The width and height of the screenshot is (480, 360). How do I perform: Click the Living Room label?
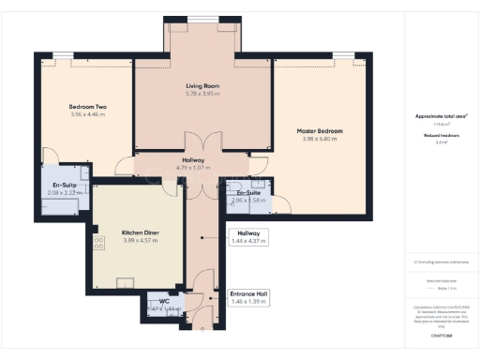(x=202, y=85)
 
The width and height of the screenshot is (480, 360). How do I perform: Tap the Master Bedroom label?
(x=320, y=130)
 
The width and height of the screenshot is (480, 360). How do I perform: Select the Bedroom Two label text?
(x=87, y=107)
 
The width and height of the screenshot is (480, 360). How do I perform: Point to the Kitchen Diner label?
(x=140, y=232)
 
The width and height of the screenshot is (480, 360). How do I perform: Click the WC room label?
(x=164, y=301)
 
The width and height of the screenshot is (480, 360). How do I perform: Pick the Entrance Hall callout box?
(x=249, y=300)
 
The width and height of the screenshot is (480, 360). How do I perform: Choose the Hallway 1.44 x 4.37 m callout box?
(x=249, y=237)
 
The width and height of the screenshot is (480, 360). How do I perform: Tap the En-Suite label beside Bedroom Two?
(x=65, y=186)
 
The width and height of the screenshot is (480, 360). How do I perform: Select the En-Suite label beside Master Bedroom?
(x=248, y=193)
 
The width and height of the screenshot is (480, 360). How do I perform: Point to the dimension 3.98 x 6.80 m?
(x=320, y=141)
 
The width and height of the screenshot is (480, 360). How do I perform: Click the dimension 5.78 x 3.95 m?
(x=202, y=94)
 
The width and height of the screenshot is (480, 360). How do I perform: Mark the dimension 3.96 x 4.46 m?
(x=87, y=116)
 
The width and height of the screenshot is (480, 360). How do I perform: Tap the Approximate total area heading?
(x=442, y=116)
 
